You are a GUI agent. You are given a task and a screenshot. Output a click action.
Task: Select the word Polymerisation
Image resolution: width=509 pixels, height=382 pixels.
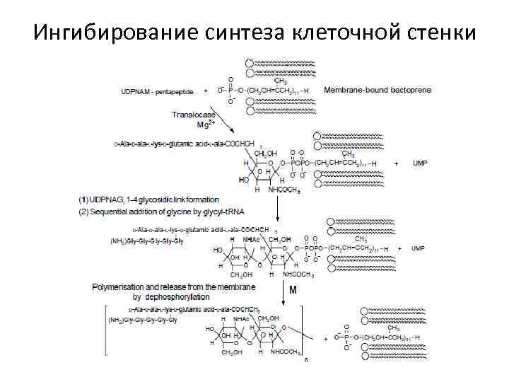click(x=120, y=287)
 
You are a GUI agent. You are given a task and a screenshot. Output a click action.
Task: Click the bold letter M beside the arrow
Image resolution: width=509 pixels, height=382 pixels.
click(x=291, y=290)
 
